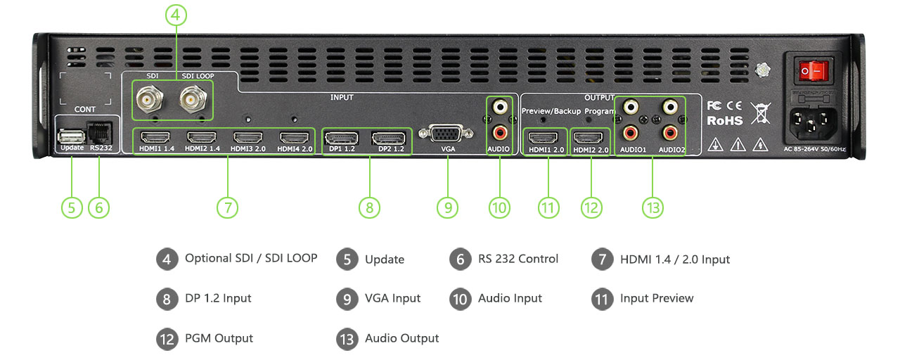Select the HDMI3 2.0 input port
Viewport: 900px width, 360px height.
tap(247, 137)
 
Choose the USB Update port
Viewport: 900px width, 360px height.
tap(71, 135)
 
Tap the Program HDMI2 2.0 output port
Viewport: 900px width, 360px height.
tap(589, 137)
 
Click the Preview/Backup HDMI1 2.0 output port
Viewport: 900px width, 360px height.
tap(544, 137)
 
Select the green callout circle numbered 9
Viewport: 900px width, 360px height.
tap(447, 207)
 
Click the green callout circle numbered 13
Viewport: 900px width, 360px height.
tap(652, 207)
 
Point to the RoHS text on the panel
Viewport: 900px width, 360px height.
tap(724, 120)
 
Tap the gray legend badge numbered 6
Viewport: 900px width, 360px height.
tap(459, 259)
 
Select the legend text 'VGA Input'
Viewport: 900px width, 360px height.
tap(392, 299)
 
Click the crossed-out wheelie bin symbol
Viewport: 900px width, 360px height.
tap(760, 112)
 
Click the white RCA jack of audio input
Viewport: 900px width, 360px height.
tap(500, 107)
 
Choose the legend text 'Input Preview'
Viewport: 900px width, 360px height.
tap(657, 299)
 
